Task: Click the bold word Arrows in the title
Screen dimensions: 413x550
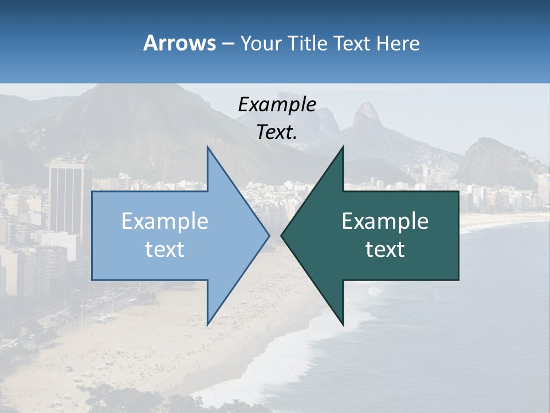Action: pyautogui.click(x=179, y=43)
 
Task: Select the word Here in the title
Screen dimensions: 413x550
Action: pyautogui.click(x=398, y=44)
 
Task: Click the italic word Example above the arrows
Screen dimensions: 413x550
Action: pyautogui.click(x=277, y=105)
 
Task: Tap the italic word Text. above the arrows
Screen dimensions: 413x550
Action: pyautogui.click(x=277, y=133)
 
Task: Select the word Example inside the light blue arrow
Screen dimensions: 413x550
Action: pyautogui.click(x=164, y=221)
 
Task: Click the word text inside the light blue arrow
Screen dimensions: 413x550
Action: pyautogui.click(x=164, y=250)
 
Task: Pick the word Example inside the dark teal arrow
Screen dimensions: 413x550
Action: pyautogui.click(x=385, y=221)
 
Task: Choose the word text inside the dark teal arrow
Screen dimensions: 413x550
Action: pyautogui.click(x=385, y=250)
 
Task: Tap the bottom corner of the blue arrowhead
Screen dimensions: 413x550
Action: pyautogui.click(x=208, y=324)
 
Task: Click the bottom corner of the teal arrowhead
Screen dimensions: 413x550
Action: pyautogui.click(x=343, y=324)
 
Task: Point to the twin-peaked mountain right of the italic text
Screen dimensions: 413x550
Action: pyautogui.click(x=367, y=118)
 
